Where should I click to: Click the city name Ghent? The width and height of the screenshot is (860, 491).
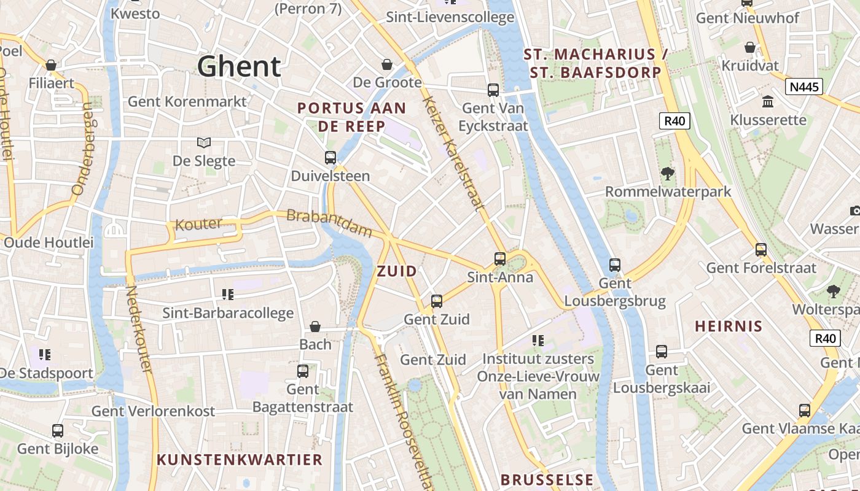[x=239, y=66]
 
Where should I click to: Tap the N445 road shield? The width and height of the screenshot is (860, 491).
[x=804, y=87]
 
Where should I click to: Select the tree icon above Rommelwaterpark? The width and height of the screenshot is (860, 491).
[x=668, y=173]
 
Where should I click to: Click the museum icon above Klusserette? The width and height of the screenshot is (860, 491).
[x=767, y=101]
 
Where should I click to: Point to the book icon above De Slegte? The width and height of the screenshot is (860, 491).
[x=204, y=142]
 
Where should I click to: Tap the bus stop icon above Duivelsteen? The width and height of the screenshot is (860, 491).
[x=330, y=158]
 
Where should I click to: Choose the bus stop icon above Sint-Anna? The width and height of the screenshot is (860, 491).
[x=500, y=258]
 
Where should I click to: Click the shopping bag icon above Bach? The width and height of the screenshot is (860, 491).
[x=315, y=326]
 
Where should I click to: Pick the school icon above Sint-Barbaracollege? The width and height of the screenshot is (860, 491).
[x=228, y=295]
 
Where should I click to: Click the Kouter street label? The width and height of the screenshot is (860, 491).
[x=198, y=224]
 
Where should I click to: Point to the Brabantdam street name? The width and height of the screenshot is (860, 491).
[x=329, y=223]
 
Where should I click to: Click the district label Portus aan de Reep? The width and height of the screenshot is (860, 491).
[x=351, y=117]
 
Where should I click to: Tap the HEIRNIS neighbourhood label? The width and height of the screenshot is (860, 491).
[x=729, y=327]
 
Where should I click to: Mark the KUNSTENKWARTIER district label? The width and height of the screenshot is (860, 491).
[x=240, y=460]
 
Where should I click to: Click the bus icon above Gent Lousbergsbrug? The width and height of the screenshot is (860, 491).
[x=615, y=265]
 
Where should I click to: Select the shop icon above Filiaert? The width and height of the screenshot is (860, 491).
[x=51, y=64]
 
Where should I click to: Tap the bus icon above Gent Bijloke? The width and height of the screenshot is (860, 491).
[x=58, y=430]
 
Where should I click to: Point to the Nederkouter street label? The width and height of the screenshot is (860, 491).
[x=138, y=329]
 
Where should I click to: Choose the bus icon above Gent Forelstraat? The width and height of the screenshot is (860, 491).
[x=761, y=249]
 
